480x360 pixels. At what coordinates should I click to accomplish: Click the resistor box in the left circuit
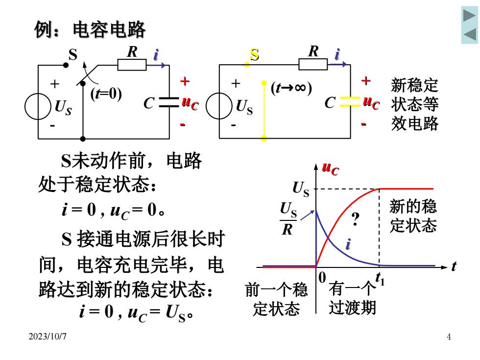[x=132, y=65]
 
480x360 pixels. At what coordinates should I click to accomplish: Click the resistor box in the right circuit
[x=313, y=64]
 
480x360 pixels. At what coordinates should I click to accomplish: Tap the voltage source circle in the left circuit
[x=38, y=106]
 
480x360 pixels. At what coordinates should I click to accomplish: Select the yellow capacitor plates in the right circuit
[x=350, y=102]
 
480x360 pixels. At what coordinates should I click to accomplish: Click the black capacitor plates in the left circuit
[x=169, y=102]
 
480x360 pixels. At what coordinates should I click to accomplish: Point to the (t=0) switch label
[x=106, y=94]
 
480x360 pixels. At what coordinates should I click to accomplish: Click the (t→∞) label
[x=291, y=88]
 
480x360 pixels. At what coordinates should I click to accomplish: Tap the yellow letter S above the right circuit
[x=254, y=54]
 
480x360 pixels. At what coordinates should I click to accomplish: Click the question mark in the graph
[x=355, y=219]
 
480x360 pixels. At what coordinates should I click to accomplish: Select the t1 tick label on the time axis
[x=380, y=278]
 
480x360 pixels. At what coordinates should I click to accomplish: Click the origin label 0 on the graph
[x=322, y=277]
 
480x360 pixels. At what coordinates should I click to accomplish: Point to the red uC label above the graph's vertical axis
[x=330, y=168]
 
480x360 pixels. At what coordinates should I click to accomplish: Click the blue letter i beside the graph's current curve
[x=348, y=244]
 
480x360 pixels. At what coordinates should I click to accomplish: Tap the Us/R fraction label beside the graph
[x=288, y=218]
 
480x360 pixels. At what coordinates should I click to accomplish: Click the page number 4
[x=449, y=337]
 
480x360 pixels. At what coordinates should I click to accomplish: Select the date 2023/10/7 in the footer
[x=48, y=336]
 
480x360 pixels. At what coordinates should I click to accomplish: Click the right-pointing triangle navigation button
[x=469, y=15]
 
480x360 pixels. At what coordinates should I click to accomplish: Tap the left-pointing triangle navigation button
[x=470, y=34]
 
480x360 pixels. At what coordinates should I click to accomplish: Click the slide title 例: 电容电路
[x=90, y=30]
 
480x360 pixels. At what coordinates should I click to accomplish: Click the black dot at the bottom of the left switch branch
[x=83, y=139]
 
